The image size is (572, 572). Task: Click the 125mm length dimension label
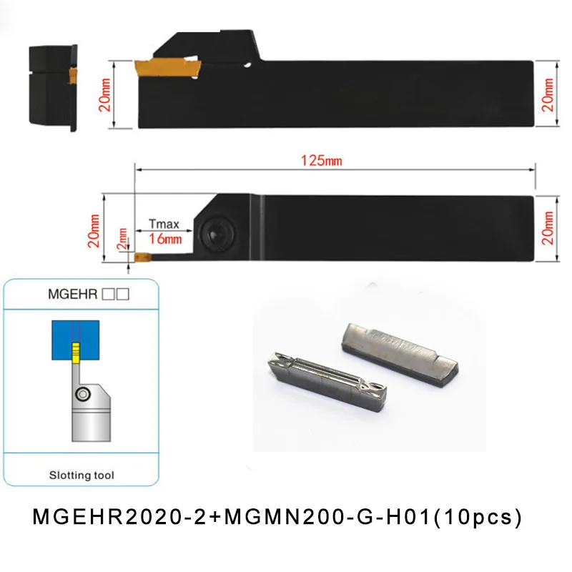(321, 161)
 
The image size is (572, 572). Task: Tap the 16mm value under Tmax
(165, 240)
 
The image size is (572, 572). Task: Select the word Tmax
(164, 224)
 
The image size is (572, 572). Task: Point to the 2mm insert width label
(122, 239)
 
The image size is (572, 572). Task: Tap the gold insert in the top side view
(168, 68)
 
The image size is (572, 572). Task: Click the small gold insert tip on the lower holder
(142, 257)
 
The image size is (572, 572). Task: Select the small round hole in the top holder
(248, 66)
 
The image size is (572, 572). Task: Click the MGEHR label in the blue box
(73, 294)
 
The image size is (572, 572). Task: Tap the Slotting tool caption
(82, 475)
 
